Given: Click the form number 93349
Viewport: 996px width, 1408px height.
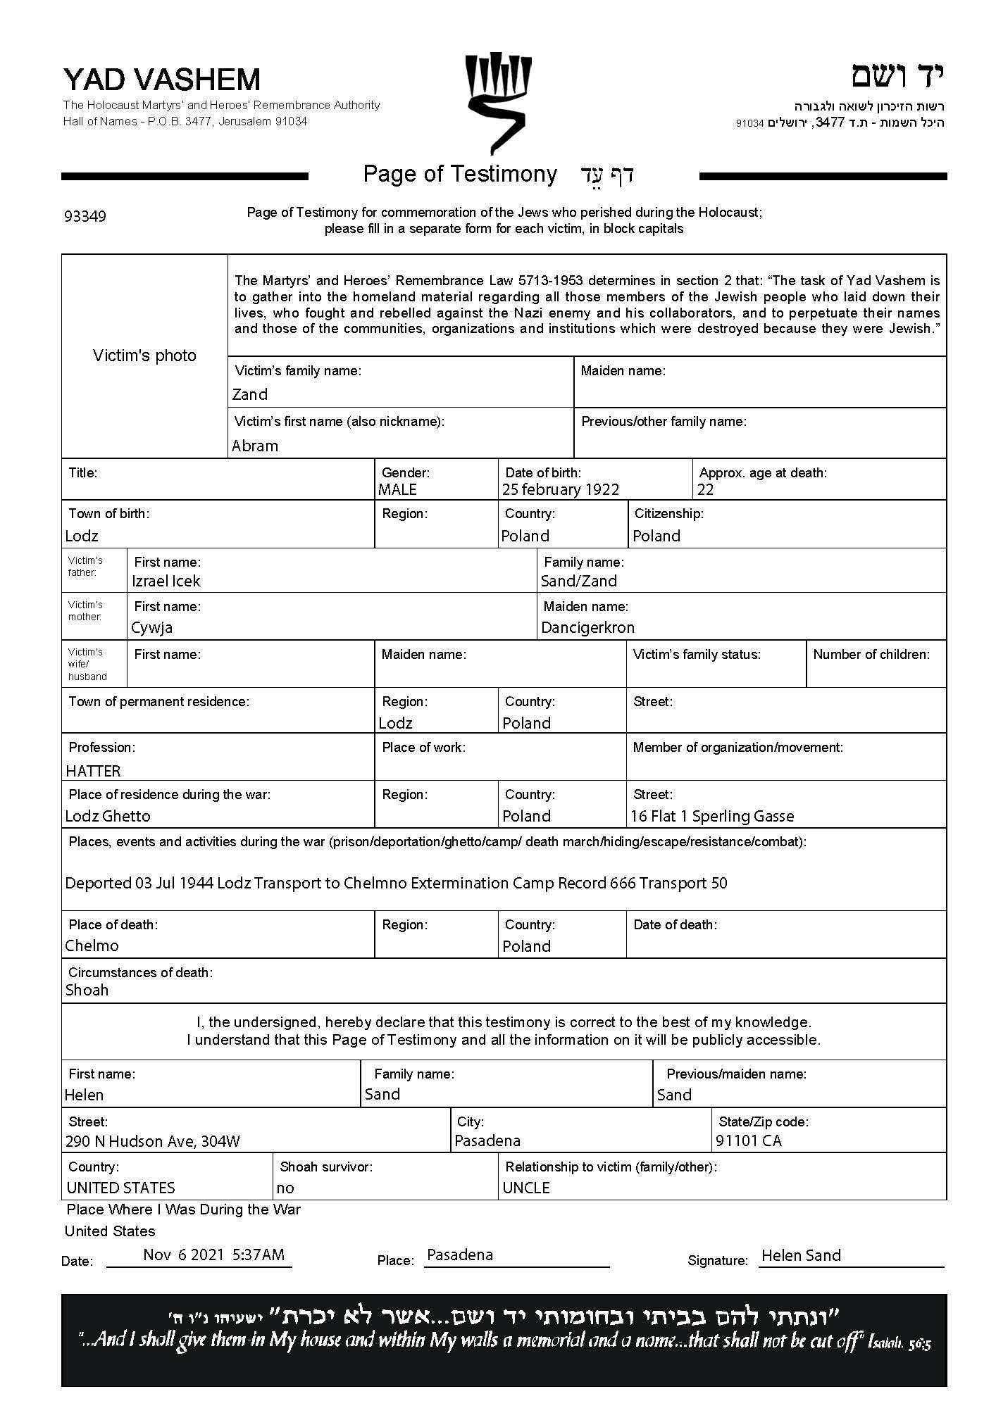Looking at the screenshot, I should pyautogui.click(x=85, y=216).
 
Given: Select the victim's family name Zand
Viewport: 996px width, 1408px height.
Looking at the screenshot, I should pyautogui.click(x=250, y=395).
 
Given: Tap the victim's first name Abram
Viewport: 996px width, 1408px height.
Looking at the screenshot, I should pyautogui.click(x=255, y=446).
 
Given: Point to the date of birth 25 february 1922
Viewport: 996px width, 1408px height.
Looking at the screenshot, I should pyautogui.click(x=561, y=490).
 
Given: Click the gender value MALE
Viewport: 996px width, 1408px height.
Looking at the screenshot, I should pyautogui.click(x=398, y=490).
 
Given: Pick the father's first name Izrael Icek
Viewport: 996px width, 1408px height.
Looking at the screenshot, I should pyautogui.click(x=166, y=582).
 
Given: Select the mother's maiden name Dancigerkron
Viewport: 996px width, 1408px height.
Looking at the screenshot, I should pyautogui.click(x=587, y=628).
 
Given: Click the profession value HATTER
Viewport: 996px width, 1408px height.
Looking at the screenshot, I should pyautogui.click(x=93, y=772).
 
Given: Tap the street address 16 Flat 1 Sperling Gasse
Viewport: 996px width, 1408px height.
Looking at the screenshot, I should pyautogui.click(x=712, y=817).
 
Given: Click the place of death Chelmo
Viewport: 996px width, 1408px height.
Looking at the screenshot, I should pyautogui.click(x=92, y=946).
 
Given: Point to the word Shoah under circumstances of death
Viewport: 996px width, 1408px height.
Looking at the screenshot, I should pyautogui.click(x=87, y=991).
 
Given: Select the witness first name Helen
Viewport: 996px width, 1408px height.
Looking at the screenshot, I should pyautogui.click(x=84, y=1095).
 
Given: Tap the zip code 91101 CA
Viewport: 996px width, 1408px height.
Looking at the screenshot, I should pyautogui.click(x=749, y=1141).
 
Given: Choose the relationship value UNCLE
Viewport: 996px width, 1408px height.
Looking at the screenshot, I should pyautogui.click(x=526, y=1188).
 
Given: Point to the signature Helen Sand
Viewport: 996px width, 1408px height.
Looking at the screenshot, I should pyautogui.click(x=801, y=1256).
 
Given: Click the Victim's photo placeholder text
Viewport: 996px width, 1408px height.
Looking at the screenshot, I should pyautogui.click(x=144, y=356).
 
